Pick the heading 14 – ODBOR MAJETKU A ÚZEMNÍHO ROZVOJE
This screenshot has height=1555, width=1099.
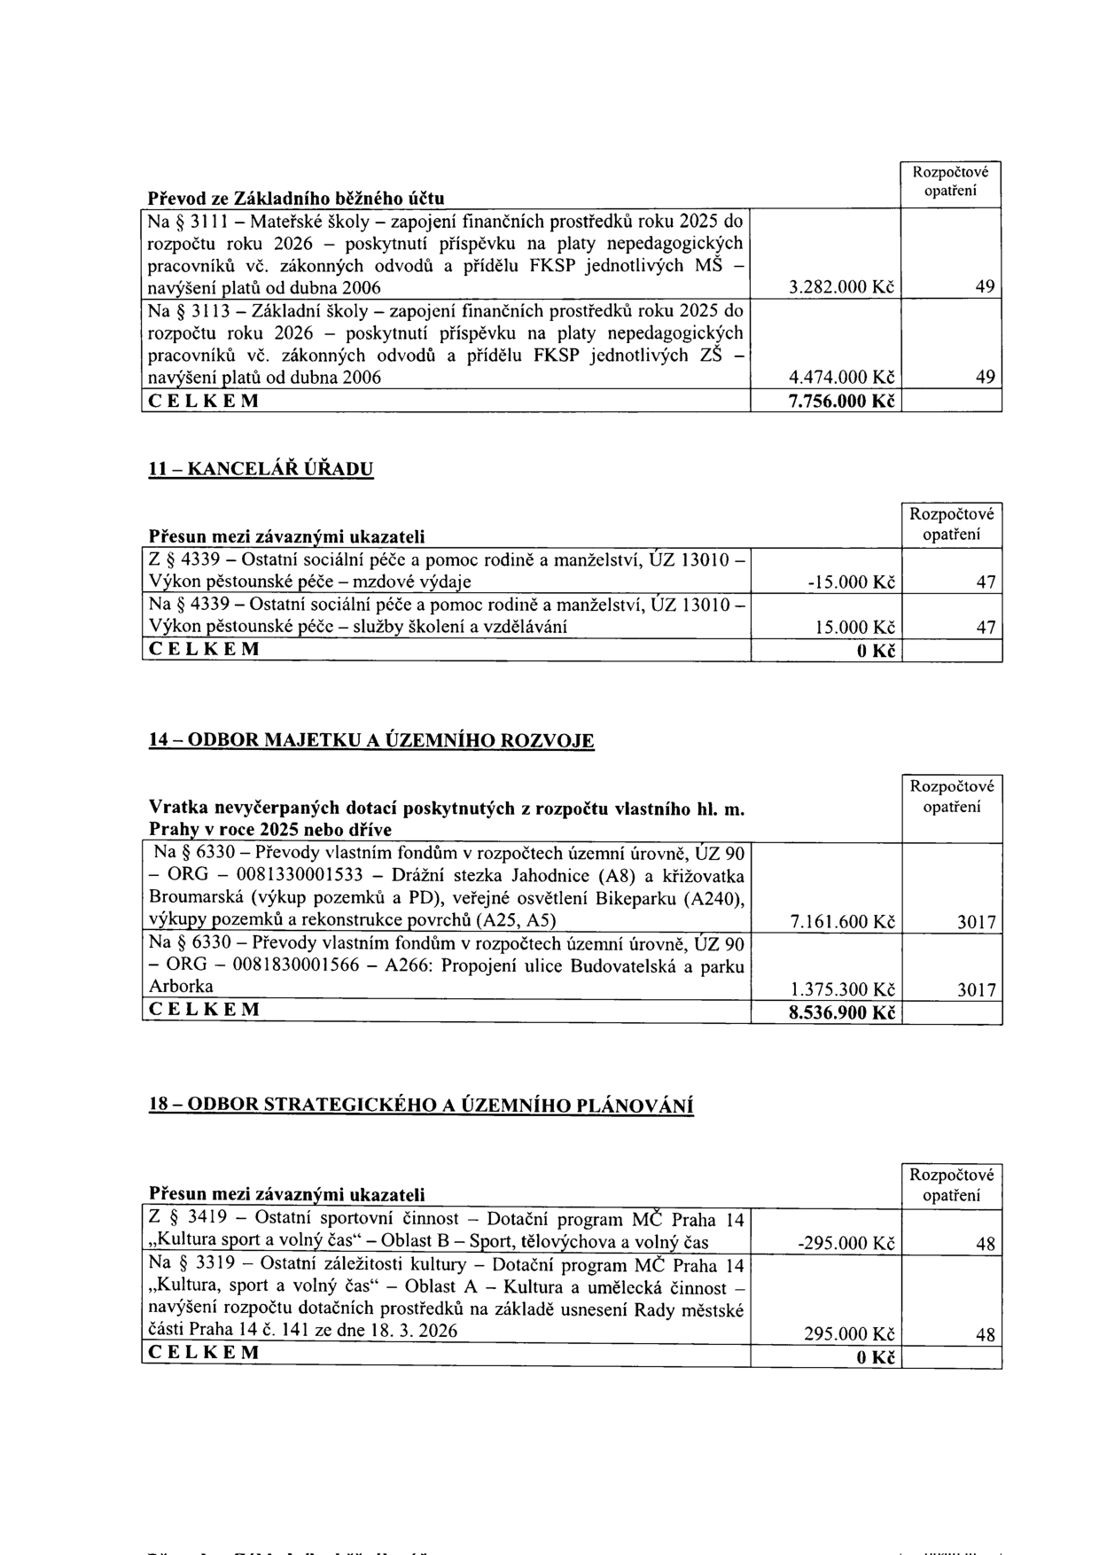pyautogui.click(x=370, y=741)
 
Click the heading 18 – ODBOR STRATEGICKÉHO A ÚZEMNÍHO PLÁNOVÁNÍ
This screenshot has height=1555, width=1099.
pyautogui.click(x=420, y=1105)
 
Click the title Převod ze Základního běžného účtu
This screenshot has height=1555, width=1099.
pyautogui.click(x=296, y=196)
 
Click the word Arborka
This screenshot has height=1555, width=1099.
pyautogui.click(x=181, y=987)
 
